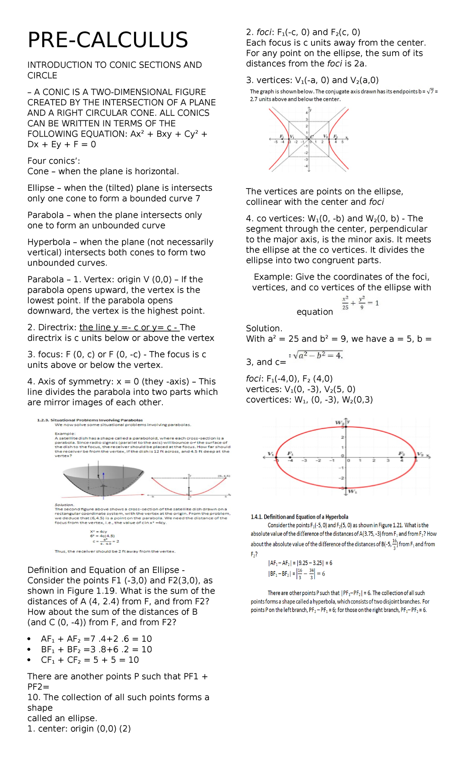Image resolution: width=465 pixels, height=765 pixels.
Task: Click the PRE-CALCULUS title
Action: click(108, 40)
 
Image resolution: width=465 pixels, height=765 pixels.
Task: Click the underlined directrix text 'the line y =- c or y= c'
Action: click(129, 328)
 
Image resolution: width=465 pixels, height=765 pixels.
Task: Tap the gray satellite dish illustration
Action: click(103, 480)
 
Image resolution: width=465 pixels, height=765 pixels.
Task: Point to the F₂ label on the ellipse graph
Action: click(402, 453)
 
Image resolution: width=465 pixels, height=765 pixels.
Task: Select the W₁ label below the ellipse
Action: click(352, 491)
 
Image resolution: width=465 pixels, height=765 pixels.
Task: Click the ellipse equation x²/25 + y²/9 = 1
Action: click(360, 303)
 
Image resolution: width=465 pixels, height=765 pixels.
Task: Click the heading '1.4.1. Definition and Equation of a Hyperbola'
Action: click(299, 517)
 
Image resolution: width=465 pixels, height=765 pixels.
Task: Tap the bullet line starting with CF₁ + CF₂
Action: click(90, 660)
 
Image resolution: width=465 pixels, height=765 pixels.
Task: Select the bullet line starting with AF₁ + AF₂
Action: click(96, 639)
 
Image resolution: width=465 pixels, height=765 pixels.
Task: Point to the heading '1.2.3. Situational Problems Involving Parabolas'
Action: click(90, 420)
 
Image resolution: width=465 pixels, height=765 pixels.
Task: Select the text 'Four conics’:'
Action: click(53, 161)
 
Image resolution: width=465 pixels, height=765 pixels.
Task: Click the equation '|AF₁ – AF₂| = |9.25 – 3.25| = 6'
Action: click(300, 563)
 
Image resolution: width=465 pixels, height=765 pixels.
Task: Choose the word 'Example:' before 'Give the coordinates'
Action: click(273, 277)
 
